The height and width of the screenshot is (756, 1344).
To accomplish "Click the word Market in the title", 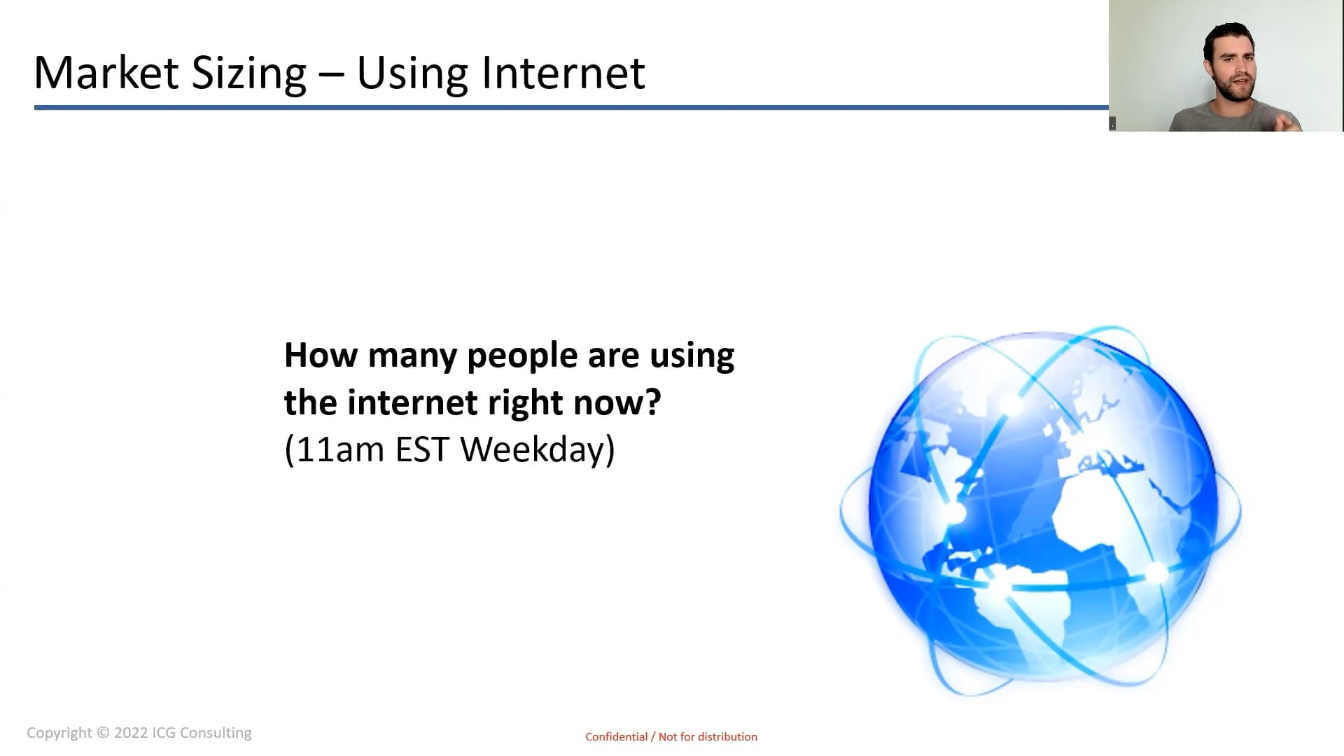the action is tap(106, 72).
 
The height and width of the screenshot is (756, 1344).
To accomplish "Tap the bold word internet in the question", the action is tap(412, 402).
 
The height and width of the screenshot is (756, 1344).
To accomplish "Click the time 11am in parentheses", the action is tap(340, 449).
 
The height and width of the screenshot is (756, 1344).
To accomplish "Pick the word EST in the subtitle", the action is tap(421, 449).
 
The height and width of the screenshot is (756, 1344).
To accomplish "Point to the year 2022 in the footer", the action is tap(131, 733).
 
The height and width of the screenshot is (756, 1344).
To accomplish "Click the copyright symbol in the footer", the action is tap(103, 733).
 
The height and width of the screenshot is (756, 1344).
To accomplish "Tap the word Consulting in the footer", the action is tap(216, 733).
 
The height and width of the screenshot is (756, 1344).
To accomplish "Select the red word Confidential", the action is tap(617, 736).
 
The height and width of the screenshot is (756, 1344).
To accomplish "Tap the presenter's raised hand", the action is tap(1287, 119).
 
